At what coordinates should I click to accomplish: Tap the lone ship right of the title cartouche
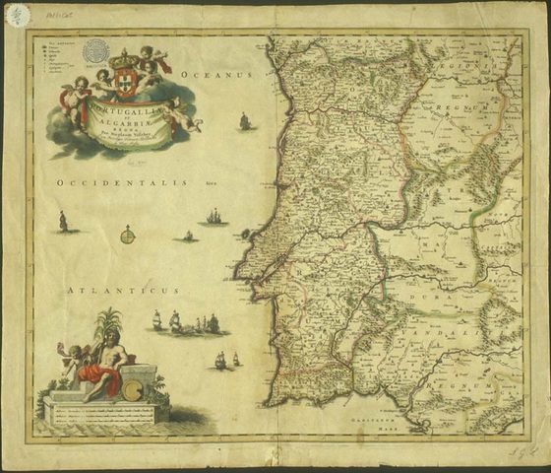pos(243,121)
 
